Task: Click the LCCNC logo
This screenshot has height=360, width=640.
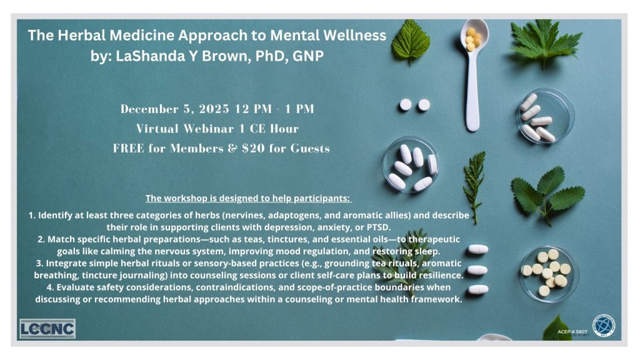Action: coord(47,329)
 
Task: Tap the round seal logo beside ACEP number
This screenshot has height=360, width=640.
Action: coord(603,326)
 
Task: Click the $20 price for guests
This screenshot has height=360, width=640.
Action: coord(265,149)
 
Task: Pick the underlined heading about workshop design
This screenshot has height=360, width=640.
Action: coord(249,199)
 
